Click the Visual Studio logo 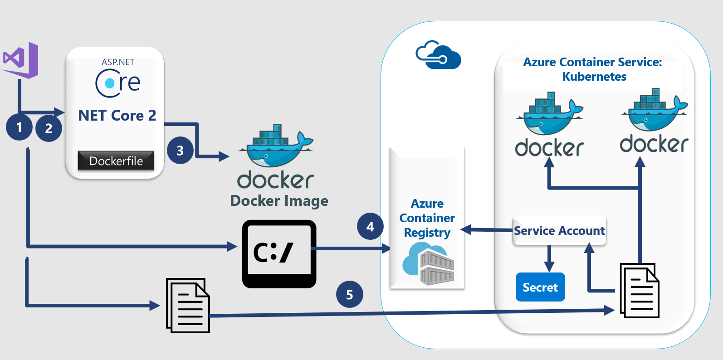click(x=20, y=60)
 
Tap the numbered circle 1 click(x=19, y=127)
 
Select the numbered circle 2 click(x=49, y=129)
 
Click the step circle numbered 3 click(x=180, y=151)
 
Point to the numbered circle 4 click(x=370, y=226)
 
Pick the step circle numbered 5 click(x=349, y=294)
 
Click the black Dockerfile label click(x=116, y=161)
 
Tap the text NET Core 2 click(x=117, y=116)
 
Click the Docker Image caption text click(x=279, y=201)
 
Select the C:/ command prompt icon click(x=279, y=253)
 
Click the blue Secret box click(x=540, y=287)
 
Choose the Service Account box click(x=559, y=231)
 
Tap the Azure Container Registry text click(x=427, y=218)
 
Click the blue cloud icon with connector click(x=438, y=55)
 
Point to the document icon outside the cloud click(x=188, y=305)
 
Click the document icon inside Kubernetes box click(x=640, y=291)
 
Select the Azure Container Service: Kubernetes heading click(x=593, y=69)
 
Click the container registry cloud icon click(x=428, y=264)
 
